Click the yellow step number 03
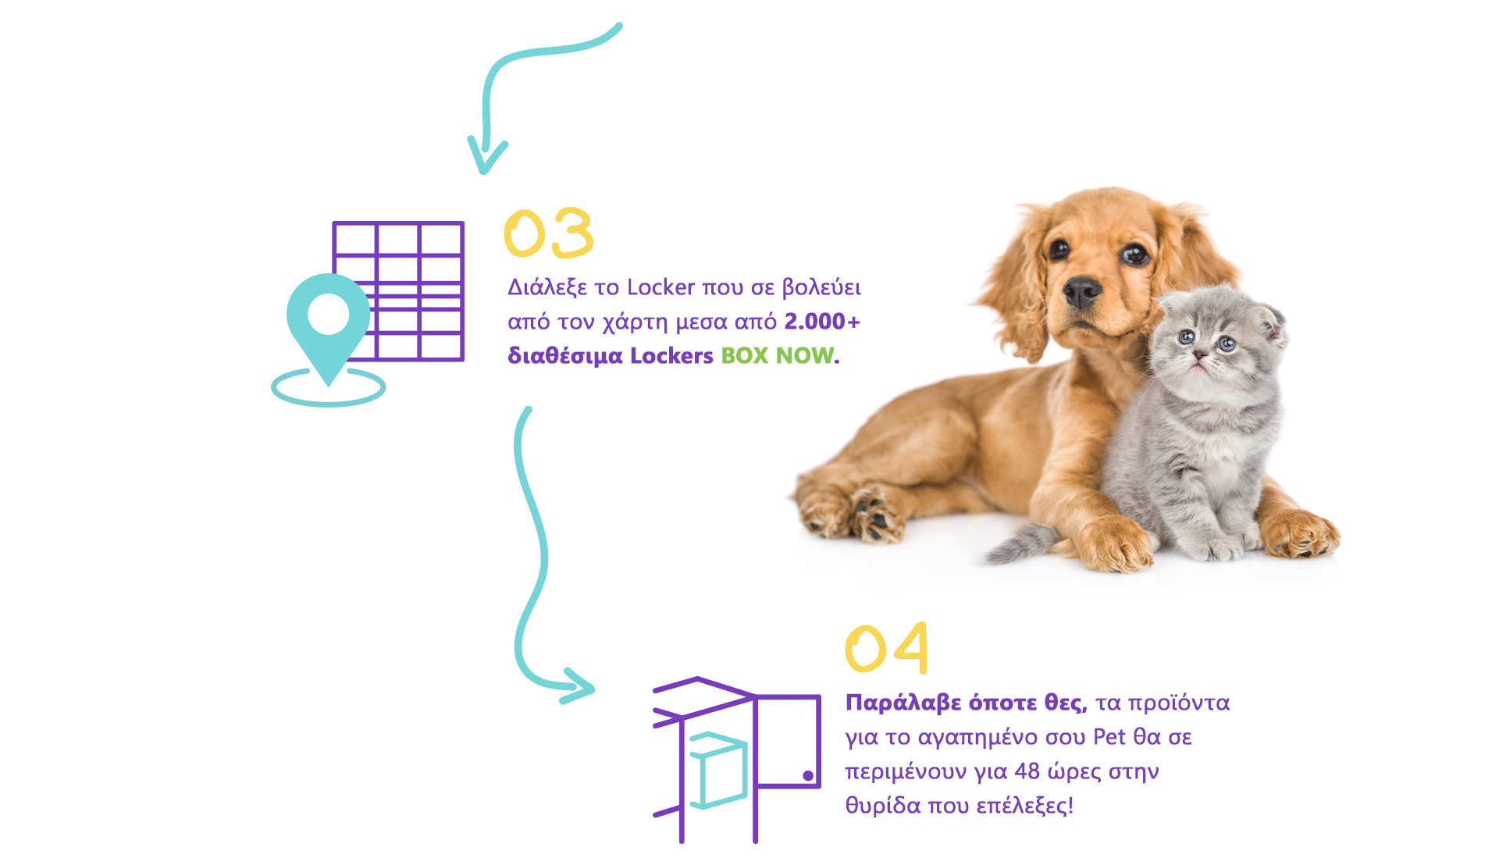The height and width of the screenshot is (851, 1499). (549, 233)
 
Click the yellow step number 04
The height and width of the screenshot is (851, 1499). (887, 648)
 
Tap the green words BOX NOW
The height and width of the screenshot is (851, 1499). (777, 355)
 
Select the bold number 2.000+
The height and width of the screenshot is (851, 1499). (822, 321)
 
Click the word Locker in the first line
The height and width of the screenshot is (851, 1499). (660, 287)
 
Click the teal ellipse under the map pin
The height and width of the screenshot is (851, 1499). (329, 387)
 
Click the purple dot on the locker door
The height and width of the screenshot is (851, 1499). (808, 775)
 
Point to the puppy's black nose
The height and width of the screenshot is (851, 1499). (1082, 291)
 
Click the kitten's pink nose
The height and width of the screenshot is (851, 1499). (1200, 355)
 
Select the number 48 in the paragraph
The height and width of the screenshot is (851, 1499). (1027, 771)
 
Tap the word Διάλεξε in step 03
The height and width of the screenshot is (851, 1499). (547, 287)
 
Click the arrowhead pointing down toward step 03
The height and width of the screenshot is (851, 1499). (486, 156)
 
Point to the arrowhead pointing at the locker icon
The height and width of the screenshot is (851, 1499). (578, 686)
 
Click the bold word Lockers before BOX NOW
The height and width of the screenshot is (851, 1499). (671, 355)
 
